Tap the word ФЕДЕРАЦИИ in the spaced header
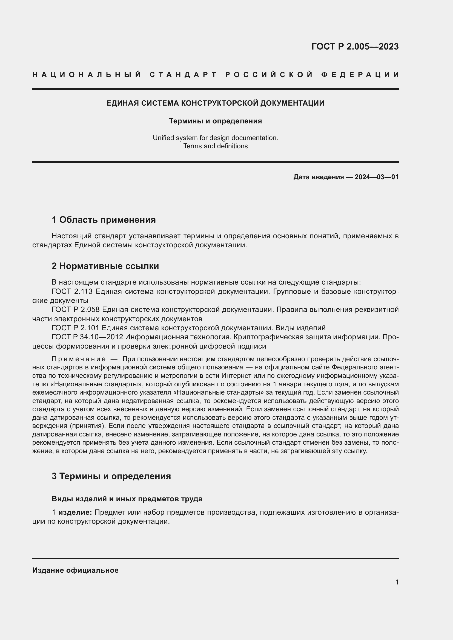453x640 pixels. [x=360, y=75]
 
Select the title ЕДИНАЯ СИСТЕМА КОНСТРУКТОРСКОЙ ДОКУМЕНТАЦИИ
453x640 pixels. [x=215, y=103]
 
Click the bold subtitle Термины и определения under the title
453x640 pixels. [x=215, y=121]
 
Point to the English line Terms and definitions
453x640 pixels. [x=215, y=146]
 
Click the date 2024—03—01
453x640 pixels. [x=377, y=177]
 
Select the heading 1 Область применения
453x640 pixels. [x=104, y=220]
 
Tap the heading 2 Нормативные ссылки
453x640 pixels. [x=105, y=266]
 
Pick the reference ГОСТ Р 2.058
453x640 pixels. [x=76, y=310]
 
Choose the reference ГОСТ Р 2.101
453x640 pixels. [x=76, y=328]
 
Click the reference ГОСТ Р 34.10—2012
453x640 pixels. [x=87, y=337]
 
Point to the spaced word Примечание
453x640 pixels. [x=79, y=359]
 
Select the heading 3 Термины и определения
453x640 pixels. [x=111, y=476]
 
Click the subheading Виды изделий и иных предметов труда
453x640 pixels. [x=127, y=499]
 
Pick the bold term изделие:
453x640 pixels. [x=75, y=512]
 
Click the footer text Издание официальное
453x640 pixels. [x=75, y=570]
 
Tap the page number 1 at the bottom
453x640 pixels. [x=397, y=582]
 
